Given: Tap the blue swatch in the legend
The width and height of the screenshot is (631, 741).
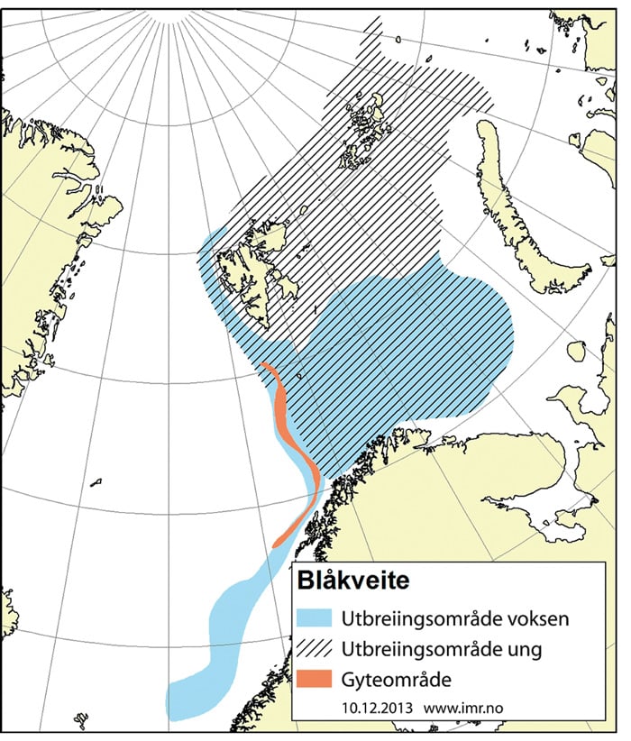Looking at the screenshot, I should point(316,619).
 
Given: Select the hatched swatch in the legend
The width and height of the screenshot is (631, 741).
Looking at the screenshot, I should point(316,648).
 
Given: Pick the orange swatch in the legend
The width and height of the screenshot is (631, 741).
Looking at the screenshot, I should point(316,677).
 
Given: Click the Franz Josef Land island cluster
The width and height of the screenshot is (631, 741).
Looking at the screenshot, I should point(365,126).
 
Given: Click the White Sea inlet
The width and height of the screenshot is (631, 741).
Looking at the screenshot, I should point(541,505).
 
